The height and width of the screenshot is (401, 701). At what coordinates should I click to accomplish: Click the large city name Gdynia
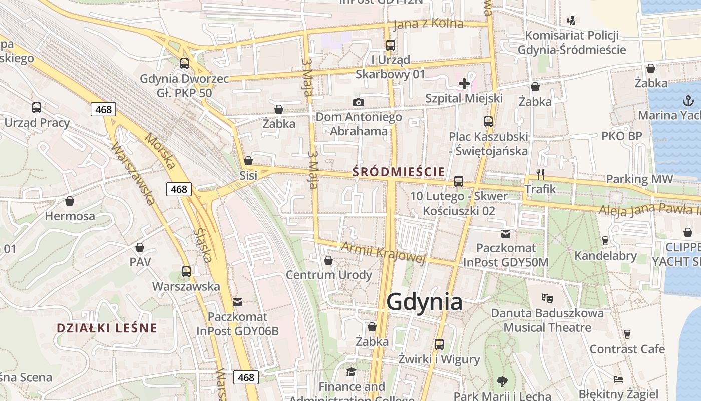tap(425, 302)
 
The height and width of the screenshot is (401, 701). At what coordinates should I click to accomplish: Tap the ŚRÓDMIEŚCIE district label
tap(398, 172)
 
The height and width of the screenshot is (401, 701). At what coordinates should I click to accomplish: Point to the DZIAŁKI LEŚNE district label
tap(107, 328)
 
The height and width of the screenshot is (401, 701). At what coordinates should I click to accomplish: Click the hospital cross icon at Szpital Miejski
tap(464, 83)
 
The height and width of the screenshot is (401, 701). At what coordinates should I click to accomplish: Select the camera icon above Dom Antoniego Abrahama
tap(359, 103)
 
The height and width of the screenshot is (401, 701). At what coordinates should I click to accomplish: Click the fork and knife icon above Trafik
tap(540, 174)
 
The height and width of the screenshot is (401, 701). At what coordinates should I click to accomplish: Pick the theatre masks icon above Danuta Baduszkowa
tap(547, 298)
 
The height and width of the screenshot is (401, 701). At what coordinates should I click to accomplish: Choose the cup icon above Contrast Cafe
tap(627, 334)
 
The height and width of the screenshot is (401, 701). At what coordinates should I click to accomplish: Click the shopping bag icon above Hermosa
tap(70, 201)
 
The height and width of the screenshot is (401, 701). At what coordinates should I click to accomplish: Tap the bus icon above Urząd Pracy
tap(37, 107)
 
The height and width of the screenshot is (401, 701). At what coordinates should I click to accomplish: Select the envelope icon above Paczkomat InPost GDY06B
tap(237, 302)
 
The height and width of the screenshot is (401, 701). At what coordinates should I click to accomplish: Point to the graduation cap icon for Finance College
tap(352, 372)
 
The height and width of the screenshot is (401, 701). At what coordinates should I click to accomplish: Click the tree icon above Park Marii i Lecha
tap(502, 382)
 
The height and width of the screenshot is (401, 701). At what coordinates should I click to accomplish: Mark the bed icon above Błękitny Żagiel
tap(618, 379)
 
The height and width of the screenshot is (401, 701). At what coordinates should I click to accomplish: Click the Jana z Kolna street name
tap(429, 24)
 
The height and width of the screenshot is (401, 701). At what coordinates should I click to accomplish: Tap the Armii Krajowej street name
tap(383, 252)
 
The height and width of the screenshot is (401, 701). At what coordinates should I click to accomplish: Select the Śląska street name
tap(204, 245)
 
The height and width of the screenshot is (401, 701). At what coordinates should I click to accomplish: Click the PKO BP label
tap(621, 136)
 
